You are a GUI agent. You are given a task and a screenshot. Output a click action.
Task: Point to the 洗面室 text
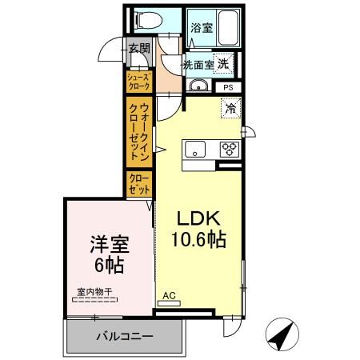click(196, 65)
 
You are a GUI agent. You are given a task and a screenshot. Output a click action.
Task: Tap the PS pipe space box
click(228, 87)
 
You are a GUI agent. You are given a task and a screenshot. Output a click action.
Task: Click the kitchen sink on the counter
click(195, 149)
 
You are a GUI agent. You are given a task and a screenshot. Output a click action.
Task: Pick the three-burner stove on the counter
click(229, 149)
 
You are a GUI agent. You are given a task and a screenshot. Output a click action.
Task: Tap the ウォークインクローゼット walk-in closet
click(138, 131)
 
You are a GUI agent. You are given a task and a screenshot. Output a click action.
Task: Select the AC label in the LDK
click(168, 294)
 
